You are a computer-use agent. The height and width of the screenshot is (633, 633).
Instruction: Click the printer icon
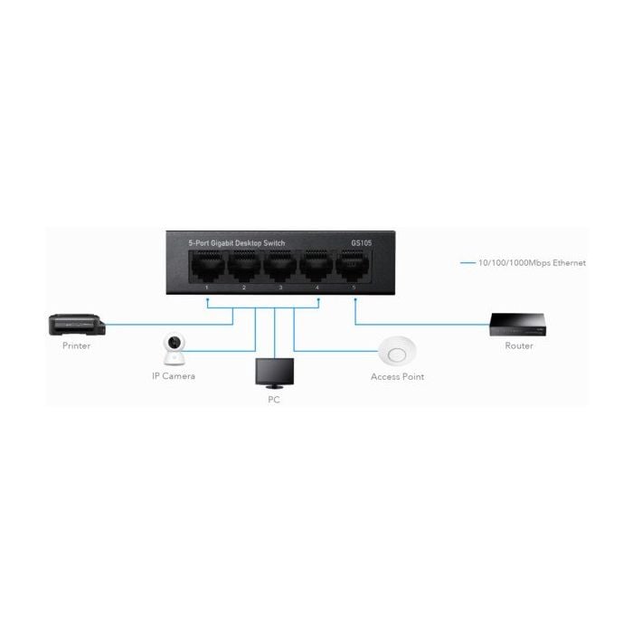click(x=77, y=325)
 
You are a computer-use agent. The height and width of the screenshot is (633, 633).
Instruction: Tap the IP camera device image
click(x=174, y=349)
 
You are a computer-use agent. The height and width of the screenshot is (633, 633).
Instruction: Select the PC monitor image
click(x=275, y=373)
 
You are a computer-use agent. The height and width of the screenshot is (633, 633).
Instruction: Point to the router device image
click(x=518, y=325)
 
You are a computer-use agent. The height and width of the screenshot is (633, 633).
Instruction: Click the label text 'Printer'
click(x=76, y=346)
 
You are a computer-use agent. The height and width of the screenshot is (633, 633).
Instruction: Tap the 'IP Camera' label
click(x=174, y=376)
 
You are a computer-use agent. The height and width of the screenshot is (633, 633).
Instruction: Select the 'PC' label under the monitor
click(x=274, y=400)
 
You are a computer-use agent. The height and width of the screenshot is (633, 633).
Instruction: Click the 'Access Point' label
click(x=397, y=377)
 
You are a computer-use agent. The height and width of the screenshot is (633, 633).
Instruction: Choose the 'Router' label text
click(x=519, y=346)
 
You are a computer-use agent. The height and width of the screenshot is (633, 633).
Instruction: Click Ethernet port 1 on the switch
click(x=207, y=267)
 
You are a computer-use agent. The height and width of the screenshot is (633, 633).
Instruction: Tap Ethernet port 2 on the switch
click(x=244, y=267)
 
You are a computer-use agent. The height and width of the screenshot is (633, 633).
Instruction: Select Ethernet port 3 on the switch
click(x=280, y=267)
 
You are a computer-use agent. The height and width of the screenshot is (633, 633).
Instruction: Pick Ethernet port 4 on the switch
click(x=316, y=267)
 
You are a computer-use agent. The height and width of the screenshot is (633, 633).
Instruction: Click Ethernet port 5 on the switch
click(x=353, y=266)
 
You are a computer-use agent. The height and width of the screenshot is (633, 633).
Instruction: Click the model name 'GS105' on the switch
click(x=362, y=243)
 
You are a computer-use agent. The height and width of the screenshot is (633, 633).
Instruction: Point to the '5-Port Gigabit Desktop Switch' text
click(x=237, y=243)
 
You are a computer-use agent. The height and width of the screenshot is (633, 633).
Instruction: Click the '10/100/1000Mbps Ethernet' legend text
click(x=532, y=263)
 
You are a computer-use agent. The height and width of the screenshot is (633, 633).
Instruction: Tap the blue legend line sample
click(x=468, y=263)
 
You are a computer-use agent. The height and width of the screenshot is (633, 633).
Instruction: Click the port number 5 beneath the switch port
click(x=354, y=288)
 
